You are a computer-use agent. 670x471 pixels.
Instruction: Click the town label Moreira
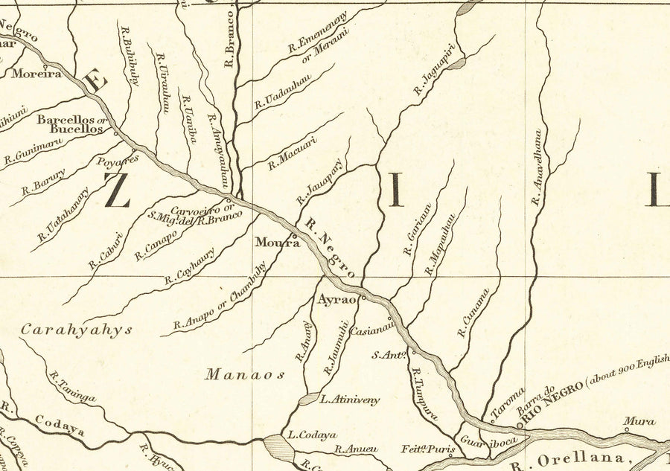36,74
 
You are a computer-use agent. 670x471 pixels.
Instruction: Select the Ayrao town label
333,301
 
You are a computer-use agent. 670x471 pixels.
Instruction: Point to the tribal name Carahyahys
76,329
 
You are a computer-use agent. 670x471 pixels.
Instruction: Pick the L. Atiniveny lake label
349,400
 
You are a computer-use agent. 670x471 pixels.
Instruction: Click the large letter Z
118,190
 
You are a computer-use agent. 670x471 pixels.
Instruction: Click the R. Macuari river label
293,152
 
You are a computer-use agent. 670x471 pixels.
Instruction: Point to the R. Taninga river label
72,388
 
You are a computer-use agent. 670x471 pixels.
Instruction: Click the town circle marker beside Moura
296,238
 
